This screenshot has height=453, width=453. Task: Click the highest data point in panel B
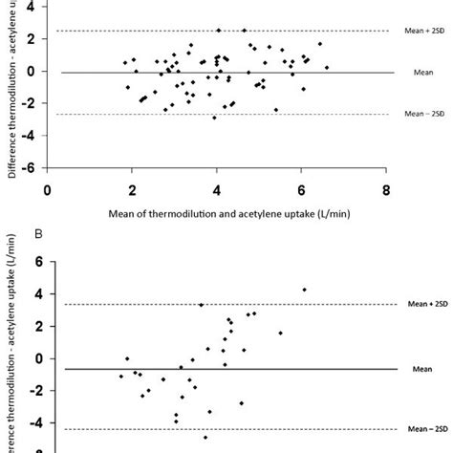click(305, 289)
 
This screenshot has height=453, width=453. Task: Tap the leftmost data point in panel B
click(121, 376)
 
